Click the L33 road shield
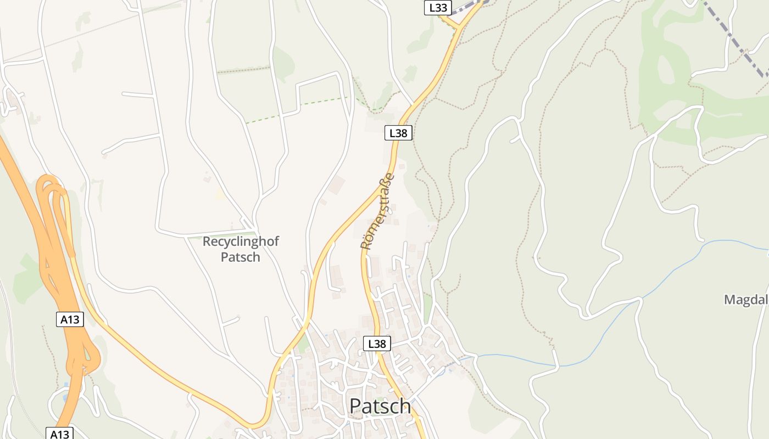click(438, 8)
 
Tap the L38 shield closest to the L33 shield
click(398, 133)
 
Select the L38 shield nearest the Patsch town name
click(377, 344)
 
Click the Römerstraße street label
click(378, 211)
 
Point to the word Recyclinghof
click(241, 241)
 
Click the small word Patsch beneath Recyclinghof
click(240, 256)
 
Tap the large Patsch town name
click(380, 406)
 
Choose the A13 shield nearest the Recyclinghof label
click(70, 319)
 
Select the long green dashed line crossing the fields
click(297, 110)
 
